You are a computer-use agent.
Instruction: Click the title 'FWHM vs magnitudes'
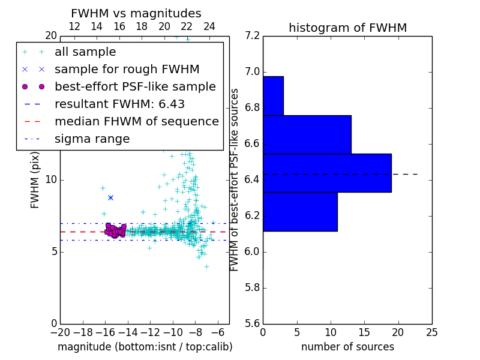point(136,13)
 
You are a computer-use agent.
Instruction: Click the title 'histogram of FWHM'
point(347,28)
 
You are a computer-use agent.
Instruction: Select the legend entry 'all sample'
point(85,52)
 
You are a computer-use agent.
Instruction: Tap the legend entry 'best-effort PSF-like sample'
point(135,86)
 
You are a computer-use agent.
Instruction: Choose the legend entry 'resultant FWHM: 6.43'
point(119,104)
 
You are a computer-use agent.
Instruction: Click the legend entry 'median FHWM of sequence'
point(136,121)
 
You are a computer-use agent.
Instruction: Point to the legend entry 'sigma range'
point(92,139)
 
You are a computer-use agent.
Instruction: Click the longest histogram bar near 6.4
point(327,173)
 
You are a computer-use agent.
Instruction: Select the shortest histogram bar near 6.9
point(273,95)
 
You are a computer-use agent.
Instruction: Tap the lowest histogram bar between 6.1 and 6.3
point(300,211)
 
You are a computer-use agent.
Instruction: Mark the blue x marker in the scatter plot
point(110,197)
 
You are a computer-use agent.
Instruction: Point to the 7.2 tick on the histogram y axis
point(253,36)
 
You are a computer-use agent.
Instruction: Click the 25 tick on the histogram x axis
point(432,332)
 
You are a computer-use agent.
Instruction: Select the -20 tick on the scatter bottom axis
point(60,332)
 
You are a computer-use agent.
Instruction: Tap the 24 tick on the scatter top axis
point(209,26)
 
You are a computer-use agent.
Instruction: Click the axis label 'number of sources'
point(347,347)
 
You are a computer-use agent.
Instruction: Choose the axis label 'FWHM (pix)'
point(35,180)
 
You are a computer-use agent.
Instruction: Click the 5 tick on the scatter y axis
point(53,251)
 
